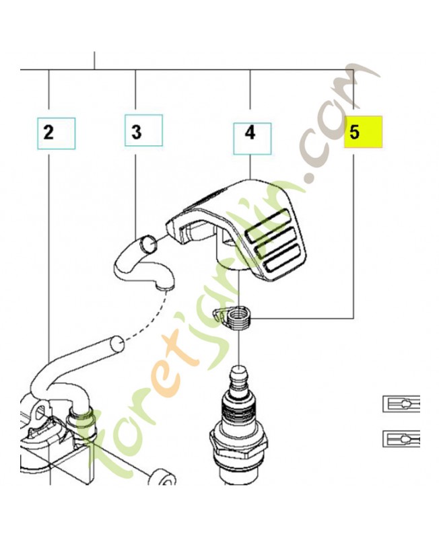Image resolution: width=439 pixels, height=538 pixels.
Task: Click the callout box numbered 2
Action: point(57,133)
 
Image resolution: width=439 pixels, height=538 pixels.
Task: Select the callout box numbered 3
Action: point(143,130)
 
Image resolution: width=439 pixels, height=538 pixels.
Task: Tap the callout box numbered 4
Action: point(252,139)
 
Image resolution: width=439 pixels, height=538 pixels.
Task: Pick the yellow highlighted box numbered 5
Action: point(364,132)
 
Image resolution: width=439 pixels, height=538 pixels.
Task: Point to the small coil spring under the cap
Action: point(234,318)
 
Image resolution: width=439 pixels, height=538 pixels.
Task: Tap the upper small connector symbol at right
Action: point(401,403)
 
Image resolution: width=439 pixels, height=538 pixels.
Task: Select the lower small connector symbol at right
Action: point(401,438)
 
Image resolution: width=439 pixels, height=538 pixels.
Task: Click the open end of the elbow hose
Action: point(149,243)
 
